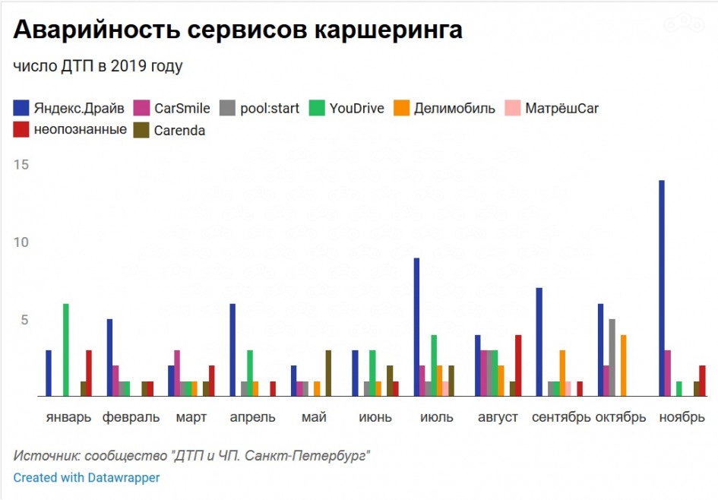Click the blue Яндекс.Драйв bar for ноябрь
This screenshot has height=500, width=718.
662,289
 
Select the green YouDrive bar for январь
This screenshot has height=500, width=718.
66,350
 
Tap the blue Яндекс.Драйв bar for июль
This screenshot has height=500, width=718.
417,328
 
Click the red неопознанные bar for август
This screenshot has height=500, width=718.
518,366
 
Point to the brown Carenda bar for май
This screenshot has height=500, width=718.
328,373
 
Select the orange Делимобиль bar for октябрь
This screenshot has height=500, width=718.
623,366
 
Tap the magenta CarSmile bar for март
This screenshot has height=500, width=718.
177,373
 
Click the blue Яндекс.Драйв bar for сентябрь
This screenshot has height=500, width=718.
539,342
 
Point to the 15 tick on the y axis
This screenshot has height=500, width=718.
21,165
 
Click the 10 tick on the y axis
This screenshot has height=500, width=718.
21,242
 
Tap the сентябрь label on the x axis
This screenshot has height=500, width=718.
561,417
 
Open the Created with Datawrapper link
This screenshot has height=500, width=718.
87,477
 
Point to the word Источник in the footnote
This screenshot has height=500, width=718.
45,455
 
